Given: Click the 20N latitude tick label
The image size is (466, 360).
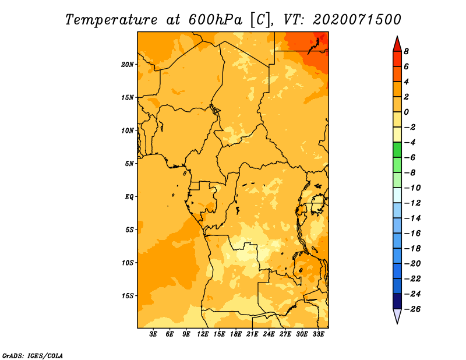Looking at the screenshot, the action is [128, 65].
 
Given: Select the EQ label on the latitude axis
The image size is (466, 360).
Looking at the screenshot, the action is [129, 197].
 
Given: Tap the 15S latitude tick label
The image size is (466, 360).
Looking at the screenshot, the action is [128, 296].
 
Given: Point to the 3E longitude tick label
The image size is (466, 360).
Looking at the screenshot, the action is [153, 334].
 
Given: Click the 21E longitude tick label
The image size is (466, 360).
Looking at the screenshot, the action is [252, 334].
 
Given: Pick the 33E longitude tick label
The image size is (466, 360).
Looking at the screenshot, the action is [318, 334].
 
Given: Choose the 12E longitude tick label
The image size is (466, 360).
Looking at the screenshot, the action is [203, 334].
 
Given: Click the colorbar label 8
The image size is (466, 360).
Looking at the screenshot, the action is [406, 51].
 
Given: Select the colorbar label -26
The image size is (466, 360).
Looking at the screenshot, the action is [412, 309].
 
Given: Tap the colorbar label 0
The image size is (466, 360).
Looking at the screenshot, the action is [406, 112].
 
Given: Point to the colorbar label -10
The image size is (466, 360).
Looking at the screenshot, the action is [412, 188].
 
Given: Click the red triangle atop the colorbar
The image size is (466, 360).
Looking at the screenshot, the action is [397, 44].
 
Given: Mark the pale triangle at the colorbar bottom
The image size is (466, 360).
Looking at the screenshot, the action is [397, 316].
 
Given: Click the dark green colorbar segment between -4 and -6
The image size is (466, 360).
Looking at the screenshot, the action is [397, 150].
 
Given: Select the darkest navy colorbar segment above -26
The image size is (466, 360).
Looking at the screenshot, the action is [397, 301].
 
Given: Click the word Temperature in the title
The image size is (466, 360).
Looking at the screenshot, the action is [111, 20].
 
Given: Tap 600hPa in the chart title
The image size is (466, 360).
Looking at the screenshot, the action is [215, 20].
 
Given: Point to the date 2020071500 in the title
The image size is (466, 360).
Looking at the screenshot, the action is [357, 20].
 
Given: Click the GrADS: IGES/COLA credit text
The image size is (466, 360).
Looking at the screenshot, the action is [33, 356].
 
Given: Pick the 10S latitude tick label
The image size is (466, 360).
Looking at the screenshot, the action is [128, 263].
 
